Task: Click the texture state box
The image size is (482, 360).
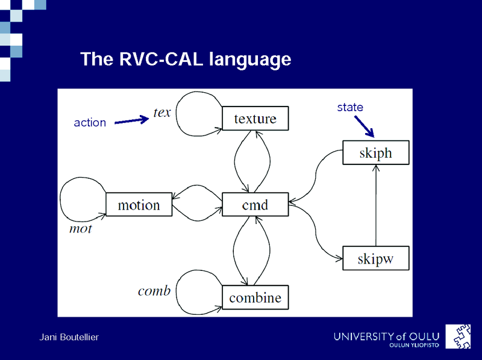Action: pos(255,119)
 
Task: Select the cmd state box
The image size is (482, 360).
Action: pos(255,205)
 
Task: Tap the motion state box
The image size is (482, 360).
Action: pos(139,205)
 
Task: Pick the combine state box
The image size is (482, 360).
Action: pos(255,297)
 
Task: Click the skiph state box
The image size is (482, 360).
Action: pos(375,153)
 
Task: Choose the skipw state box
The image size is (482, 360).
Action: pos(376,258)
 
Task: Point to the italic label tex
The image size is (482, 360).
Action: pos(163,113)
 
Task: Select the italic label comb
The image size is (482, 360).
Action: pos(154,291)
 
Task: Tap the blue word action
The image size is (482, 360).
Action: pos(90,123)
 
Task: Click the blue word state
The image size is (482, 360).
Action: pos(350,107)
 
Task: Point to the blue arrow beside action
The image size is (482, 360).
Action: pos(131,121)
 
